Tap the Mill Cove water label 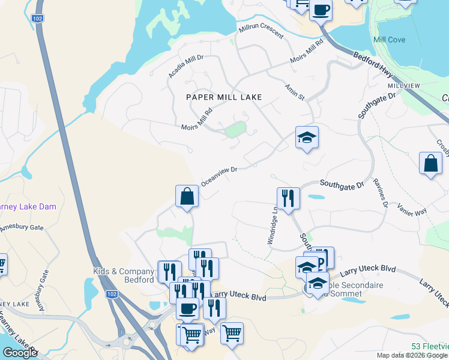[x=389, y=40]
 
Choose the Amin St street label [x=295, y=92]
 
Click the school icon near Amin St [x=307, y=138]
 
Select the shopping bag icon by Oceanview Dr [x=187, y=196]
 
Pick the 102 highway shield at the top [x=38, y=19]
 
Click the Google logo [x=20, y=353]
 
